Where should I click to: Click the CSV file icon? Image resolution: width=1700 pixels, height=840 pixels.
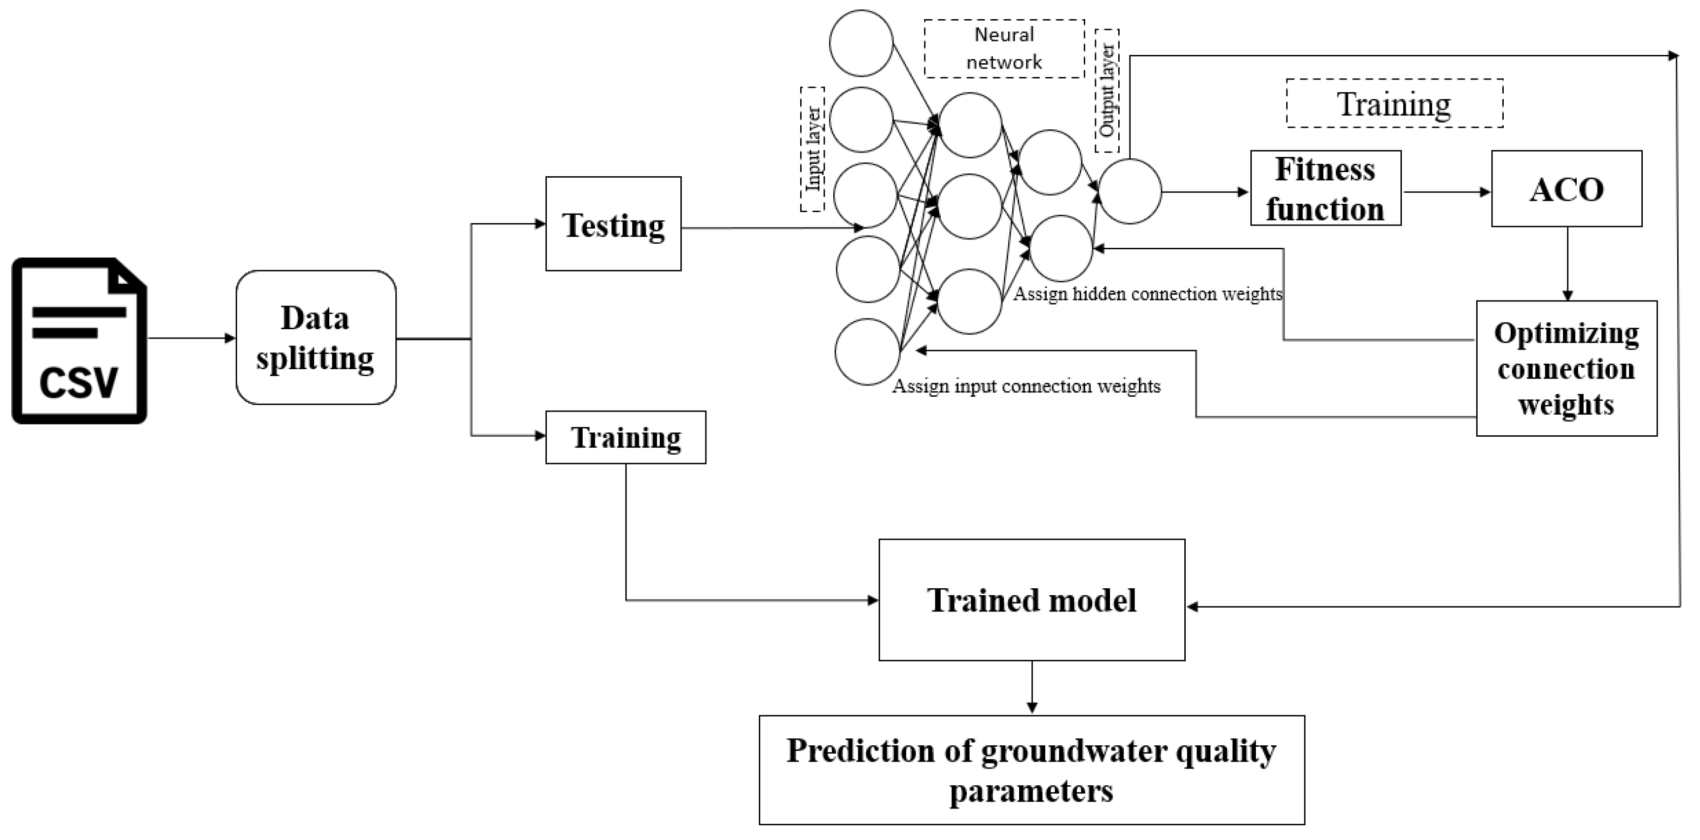click(79, 340)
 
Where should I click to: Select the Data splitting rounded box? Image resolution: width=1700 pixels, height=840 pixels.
click(316, 338)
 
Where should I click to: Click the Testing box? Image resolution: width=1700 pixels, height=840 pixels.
click(613, 224)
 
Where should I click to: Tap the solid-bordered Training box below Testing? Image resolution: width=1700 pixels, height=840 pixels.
click(625, 437)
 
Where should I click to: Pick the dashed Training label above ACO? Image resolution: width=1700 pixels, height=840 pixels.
click(1394, 104)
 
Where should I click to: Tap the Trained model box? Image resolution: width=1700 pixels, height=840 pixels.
click(1031, 600)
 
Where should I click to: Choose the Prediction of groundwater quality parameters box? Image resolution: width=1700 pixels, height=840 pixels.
click(1031, 770)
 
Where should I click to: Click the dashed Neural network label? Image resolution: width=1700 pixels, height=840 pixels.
click(1004, 49)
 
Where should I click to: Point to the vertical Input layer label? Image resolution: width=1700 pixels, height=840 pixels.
click(813, 149)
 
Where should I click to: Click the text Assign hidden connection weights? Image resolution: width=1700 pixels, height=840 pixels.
click(1147, 294)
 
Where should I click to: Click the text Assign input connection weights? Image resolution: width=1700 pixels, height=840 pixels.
click(1026, 386)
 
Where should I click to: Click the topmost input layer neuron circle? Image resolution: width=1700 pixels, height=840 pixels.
click(861, 43)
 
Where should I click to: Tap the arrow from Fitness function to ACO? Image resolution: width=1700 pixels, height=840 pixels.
click(1445, 192)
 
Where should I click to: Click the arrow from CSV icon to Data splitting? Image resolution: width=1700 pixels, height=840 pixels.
click(191, 338)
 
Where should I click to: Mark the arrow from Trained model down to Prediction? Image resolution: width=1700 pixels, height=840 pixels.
click(1031, 687)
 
